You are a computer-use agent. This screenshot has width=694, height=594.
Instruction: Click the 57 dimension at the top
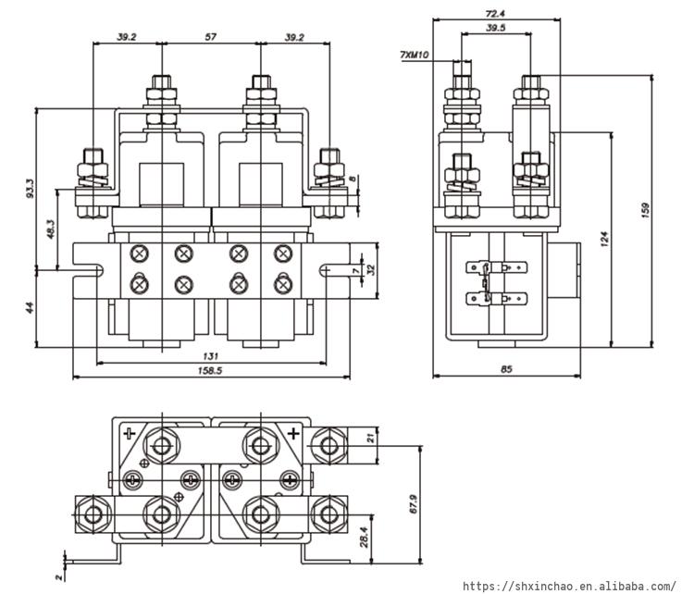211,37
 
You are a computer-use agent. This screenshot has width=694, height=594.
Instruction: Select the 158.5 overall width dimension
210,370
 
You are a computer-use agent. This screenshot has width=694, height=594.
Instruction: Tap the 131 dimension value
210,356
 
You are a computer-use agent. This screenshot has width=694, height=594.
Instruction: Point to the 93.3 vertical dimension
31,188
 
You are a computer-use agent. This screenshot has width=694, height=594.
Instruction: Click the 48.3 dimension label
51,229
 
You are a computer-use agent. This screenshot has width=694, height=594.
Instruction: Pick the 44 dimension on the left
31,307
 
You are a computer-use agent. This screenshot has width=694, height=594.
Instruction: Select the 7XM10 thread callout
415,55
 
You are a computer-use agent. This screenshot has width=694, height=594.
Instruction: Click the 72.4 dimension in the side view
495,14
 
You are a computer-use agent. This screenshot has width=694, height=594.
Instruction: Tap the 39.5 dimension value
496,28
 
